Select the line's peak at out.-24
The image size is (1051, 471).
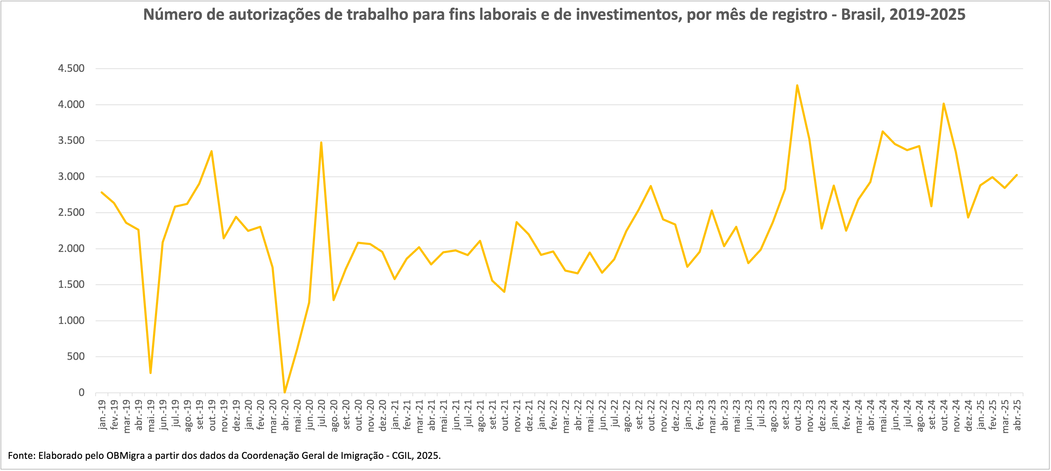pos(943,104)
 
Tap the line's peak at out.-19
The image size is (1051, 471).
pos(211,151)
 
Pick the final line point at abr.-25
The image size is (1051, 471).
pos(1016,175)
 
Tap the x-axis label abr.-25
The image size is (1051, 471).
pos(1017,415)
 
